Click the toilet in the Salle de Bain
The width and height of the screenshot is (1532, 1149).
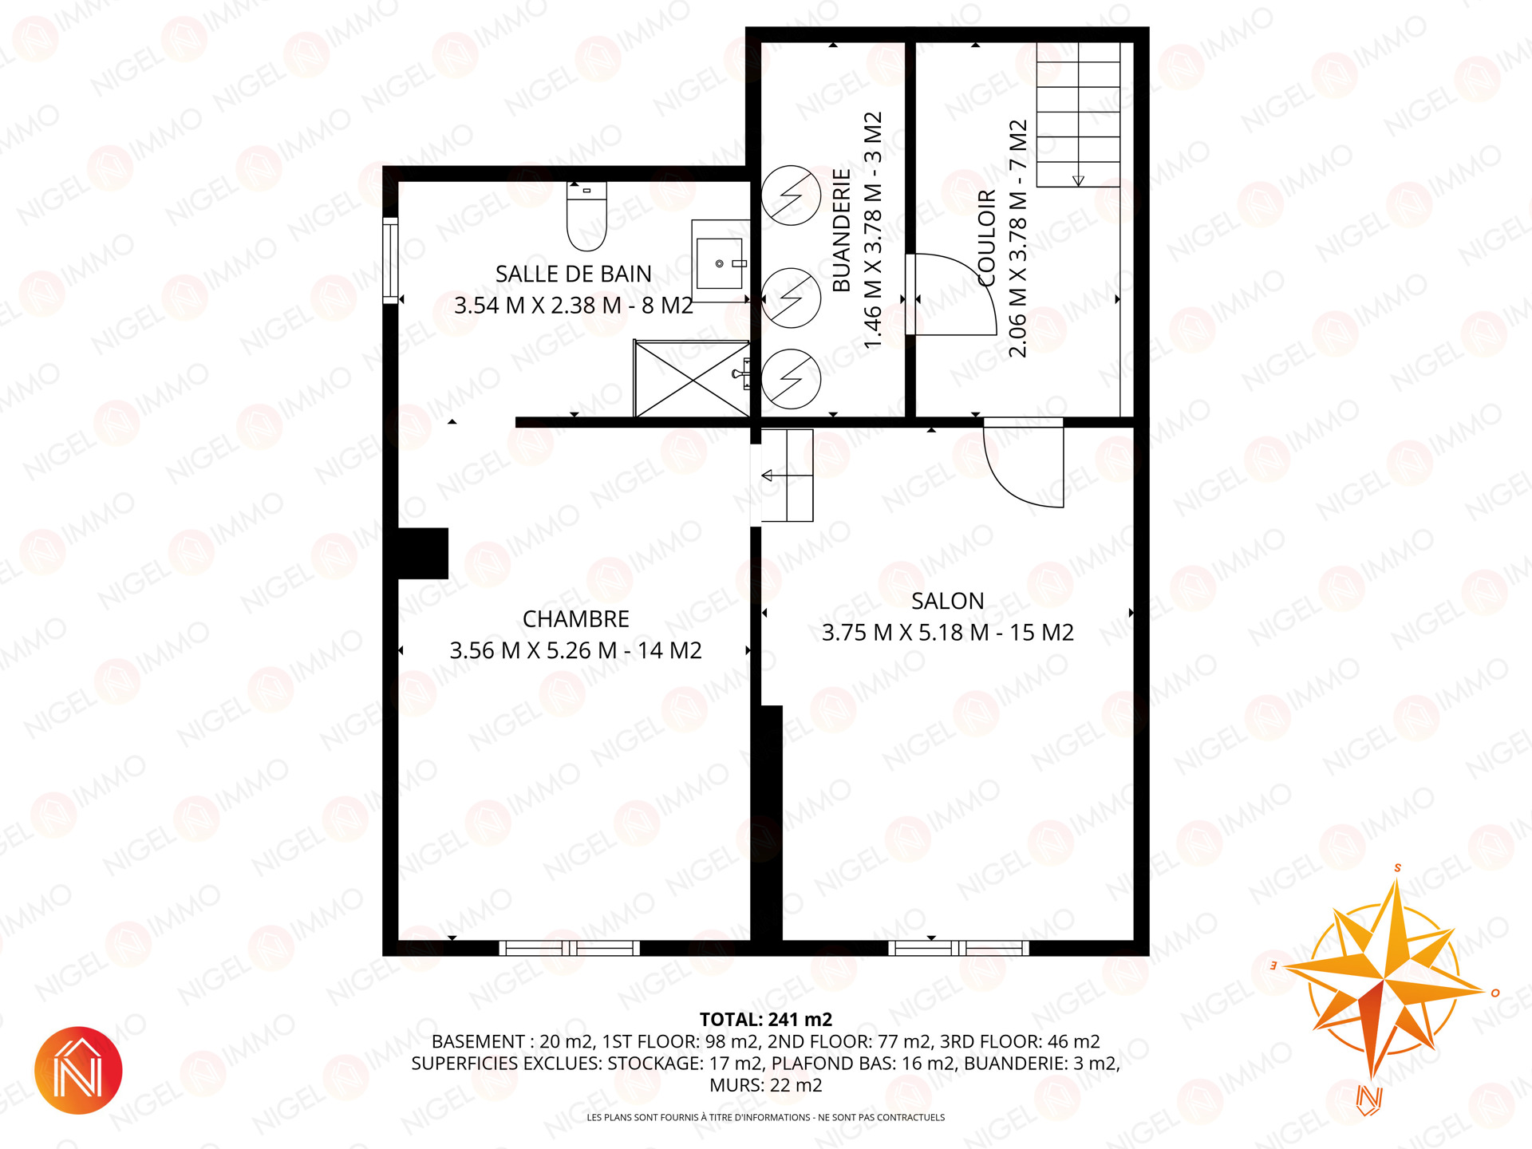pyautogui.click(x=586, y=215)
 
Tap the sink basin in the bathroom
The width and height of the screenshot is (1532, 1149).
pyautogui.click(x=720, y=263)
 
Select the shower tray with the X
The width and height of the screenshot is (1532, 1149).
pyautogui.click(x=692, y=378)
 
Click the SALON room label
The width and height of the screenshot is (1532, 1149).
pyautogui.click(x=948, y=601)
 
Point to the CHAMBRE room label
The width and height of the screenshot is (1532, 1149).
pyautogui.click(x=576, y=619)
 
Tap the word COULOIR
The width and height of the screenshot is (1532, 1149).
pyautogui.click(x=987, y=238)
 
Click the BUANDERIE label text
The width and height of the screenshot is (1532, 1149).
pyautogui.click(x=842, y=231)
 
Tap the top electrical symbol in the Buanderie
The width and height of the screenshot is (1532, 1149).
pyautogui.click(x=791, y=195)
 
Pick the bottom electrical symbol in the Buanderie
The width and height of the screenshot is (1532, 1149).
pyautogui.click(x=791, y=379)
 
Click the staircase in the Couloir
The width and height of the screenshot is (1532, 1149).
pyautogui.click(x=1078, y=114)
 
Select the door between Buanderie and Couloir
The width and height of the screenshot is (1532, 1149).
pyautogui.click(x=950, y=294)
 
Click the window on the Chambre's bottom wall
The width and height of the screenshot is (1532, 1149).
pyautogui.click(x=570, y=948)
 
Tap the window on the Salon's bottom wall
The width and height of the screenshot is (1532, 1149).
pyautogui.click(x=959, y=948)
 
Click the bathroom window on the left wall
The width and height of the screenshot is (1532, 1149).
pyautogui.click(x=390, y=260)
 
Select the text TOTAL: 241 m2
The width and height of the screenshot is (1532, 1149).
pyautogui.click(x=766, y=1020)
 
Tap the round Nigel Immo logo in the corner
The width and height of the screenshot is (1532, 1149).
pyautogui.click(x=78, y=1070)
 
